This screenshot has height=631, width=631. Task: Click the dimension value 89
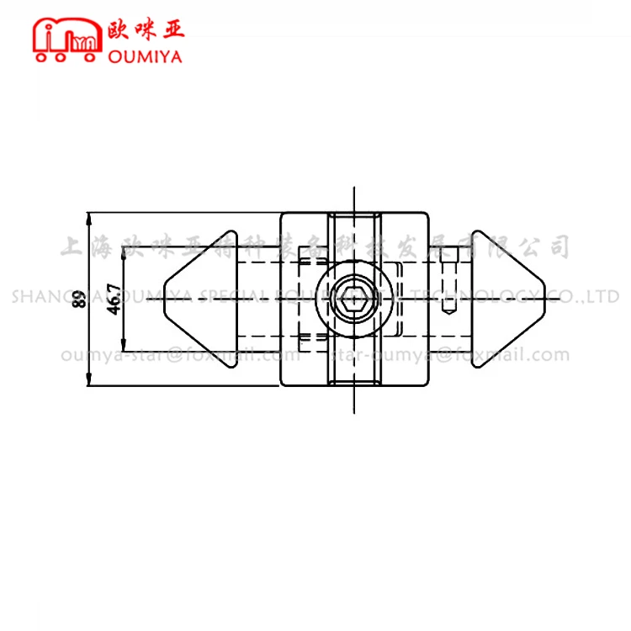click(x=78, y=300)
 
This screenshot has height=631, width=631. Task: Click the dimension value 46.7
click(x=114, y=300)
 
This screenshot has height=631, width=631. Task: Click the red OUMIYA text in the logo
click(x=146, y=56)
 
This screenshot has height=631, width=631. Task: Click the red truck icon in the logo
click(x=66, y=40)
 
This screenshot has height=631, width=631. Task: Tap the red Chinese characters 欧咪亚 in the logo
click(x=146, y=29)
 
